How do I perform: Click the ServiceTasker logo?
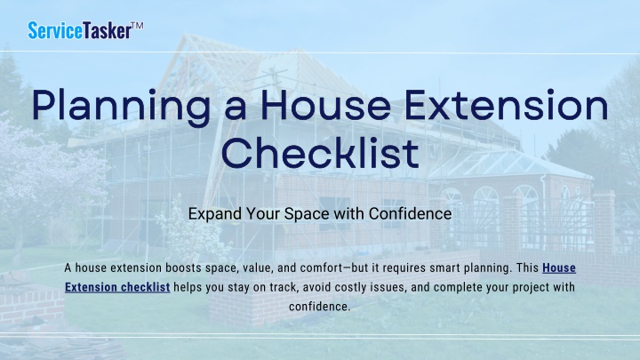point(85,30)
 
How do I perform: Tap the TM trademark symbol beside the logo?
point(138,26)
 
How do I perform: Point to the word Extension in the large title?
point(506,105)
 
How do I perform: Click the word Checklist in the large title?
point(320,152)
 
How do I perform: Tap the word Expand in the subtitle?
point(215,214)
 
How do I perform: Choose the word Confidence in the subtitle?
point(410,213)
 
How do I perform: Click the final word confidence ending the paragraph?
point(320,307)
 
